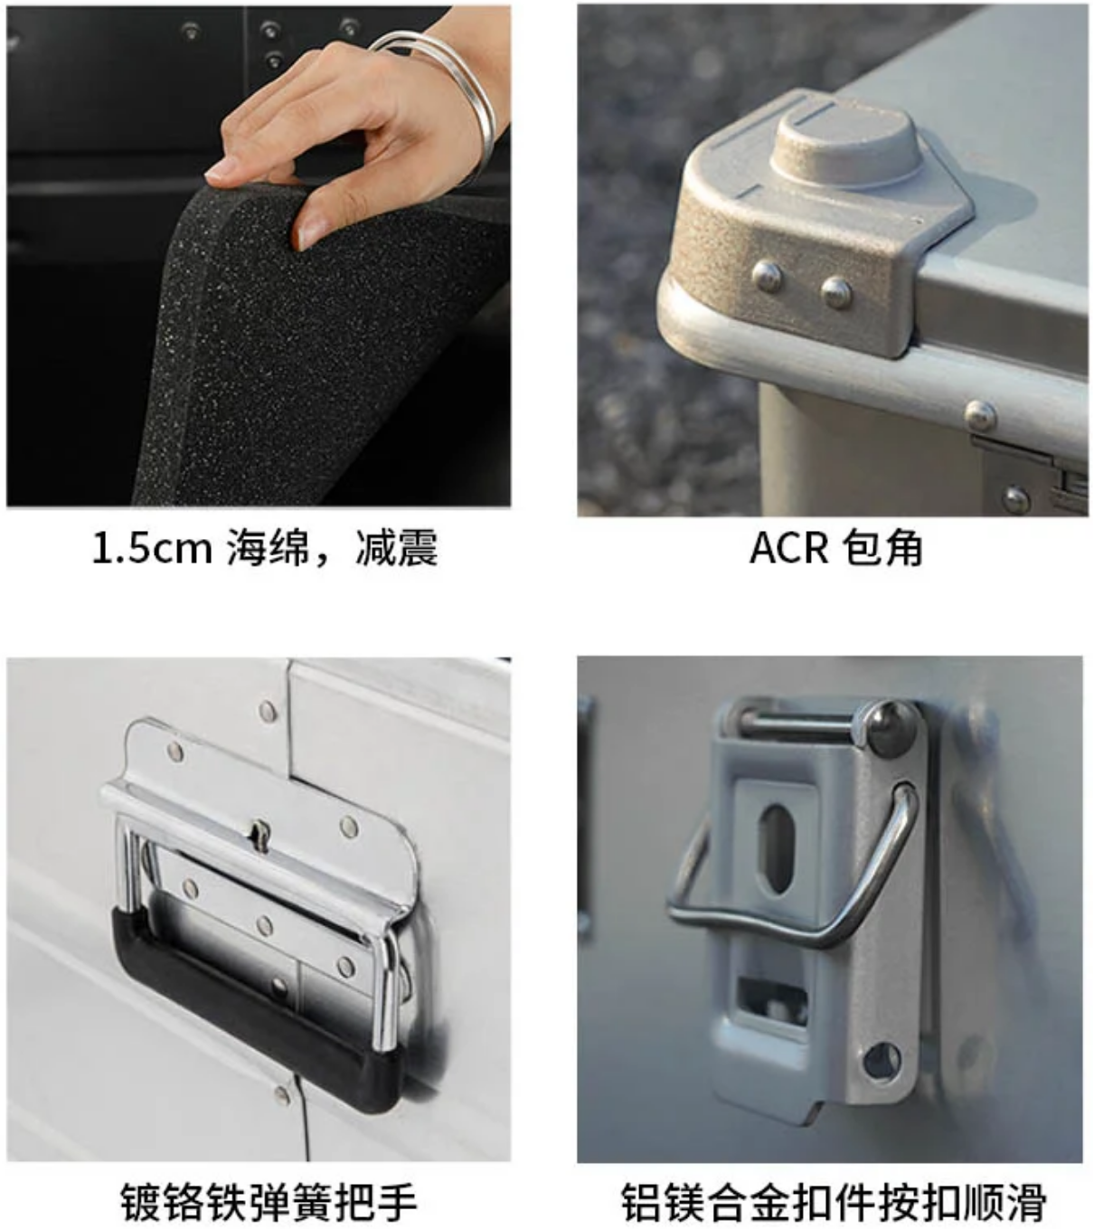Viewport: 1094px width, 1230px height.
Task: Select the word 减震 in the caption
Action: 396,548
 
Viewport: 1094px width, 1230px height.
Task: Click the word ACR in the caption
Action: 789,548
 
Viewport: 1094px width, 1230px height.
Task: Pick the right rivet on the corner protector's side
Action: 836,293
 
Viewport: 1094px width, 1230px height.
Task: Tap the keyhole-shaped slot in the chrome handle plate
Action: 259,835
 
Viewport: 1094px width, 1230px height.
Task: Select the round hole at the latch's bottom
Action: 882,1059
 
